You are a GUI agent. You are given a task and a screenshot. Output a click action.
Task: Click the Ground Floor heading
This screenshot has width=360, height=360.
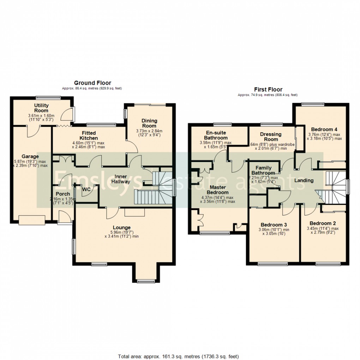tap(92, 83)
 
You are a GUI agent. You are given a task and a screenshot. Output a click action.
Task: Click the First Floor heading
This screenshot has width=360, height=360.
tap(268, 90)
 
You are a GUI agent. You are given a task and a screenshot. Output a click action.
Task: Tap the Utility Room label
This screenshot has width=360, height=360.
tap(41, 108)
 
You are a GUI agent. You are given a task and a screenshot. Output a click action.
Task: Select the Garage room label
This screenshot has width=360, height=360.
tap(30, 156)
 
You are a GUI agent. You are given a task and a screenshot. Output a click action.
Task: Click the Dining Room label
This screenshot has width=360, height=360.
tap(149, 123)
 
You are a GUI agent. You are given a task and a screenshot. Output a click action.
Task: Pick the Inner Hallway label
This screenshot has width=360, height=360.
tap(120, 179)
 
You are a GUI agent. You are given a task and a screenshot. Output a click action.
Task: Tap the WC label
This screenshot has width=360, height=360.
tap(86, 189)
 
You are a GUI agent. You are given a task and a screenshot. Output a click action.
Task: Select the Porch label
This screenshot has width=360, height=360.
tap(63, 194)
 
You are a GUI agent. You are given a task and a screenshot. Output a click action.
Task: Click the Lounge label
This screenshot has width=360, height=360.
tap(122, 227)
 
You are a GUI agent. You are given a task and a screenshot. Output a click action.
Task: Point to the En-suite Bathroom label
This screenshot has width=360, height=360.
tap(216, 135)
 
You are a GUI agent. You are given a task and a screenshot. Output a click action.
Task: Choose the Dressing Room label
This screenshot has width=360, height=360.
tap(271, 137)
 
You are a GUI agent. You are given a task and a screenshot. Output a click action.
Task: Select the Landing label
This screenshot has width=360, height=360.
tap(304, 180)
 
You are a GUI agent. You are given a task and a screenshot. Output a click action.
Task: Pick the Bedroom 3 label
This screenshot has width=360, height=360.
tap(274, 224)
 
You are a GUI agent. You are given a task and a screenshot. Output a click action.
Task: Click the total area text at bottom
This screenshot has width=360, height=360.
tap(180, 356)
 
